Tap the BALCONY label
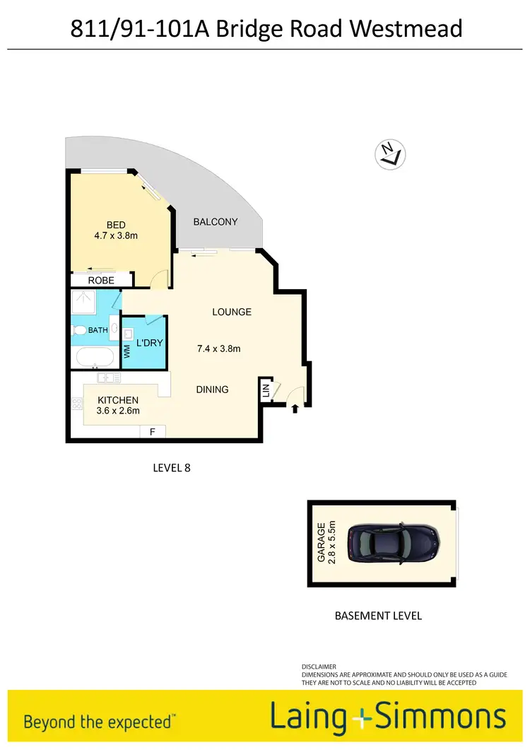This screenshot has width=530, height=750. point(216,221)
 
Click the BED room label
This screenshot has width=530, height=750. point(116,225)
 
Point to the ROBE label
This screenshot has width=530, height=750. point(101,281)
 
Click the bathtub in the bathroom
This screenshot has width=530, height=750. point(95,358)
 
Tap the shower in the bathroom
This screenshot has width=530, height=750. point(85,305)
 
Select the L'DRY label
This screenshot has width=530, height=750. point(149,343)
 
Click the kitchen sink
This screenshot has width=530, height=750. point(106,377)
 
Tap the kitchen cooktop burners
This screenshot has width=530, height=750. point(76,404)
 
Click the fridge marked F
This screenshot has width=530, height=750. point(152,430)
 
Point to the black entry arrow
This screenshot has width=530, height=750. point(295,407)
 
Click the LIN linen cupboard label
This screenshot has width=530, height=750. point(266,390)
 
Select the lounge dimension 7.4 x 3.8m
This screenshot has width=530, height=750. point(218,348)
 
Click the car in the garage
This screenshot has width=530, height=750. point(394,543)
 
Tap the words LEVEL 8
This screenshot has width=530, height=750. point(172,467)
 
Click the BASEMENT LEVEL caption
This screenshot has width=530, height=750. point(378,616)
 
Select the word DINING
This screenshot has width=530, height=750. point(212,389)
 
